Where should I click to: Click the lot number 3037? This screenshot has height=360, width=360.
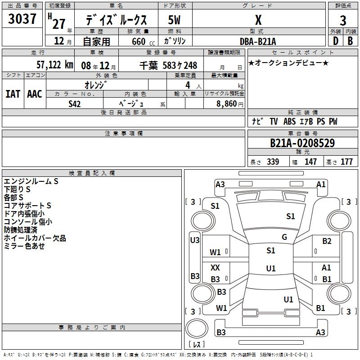22,18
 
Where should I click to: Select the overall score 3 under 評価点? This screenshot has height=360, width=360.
343,21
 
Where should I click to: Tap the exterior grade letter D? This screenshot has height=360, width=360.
336,41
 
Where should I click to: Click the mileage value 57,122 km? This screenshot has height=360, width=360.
55,65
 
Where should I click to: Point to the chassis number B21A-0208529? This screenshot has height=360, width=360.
302,143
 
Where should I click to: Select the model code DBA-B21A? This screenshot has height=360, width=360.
258,41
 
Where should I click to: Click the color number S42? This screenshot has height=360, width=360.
75,104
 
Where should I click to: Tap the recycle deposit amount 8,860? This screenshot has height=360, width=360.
227,104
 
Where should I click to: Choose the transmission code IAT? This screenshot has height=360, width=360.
13,94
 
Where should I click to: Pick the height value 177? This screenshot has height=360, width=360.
346,162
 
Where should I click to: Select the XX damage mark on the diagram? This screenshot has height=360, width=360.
215,267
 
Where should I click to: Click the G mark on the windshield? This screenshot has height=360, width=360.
284,237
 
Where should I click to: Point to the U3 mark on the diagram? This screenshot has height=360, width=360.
195,240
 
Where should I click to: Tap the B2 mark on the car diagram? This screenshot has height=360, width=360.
327,241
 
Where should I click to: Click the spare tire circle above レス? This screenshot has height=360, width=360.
197,328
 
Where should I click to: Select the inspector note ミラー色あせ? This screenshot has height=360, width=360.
24,246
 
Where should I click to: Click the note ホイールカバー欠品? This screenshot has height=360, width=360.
35,238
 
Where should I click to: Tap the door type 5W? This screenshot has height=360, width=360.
174,20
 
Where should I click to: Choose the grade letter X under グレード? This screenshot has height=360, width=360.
258,20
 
